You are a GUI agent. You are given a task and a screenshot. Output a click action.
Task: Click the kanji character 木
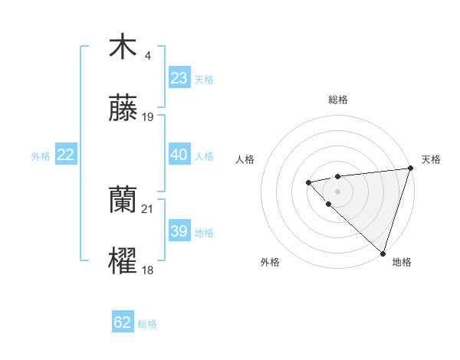[123, 47]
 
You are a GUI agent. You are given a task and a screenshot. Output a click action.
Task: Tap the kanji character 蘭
[123, 201]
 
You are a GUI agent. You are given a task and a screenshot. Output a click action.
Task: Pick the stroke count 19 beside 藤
[148, 117]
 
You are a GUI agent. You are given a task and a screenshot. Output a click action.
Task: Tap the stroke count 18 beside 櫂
[148, 270]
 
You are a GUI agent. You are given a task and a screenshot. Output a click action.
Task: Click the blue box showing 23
[179, 78]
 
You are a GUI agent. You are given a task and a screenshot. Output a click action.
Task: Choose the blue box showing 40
[179, 155]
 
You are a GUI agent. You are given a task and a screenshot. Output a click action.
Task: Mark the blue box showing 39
[179, 231]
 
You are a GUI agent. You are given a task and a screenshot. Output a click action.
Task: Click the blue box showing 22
[66, 155]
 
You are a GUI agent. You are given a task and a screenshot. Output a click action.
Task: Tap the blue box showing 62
[123, 322]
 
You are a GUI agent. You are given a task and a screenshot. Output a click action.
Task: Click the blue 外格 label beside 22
[41, 156]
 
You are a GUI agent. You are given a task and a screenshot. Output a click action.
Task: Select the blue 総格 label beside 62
[147, 324]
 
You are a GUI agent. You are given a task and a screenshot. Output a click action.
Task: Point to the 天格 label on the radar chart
[431, 159]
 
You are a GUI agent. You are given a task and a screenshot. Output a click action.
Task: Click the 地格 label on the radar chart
[402, 262]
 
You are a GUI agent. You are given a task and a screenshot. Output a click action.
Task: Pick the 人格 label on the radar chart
[245, 159]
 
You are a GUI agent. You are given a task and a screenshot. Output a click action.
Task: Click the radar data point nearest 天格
[411, 169]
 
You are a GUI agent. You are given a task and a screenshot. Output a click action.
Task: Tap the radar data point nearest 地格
[383, 253]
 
